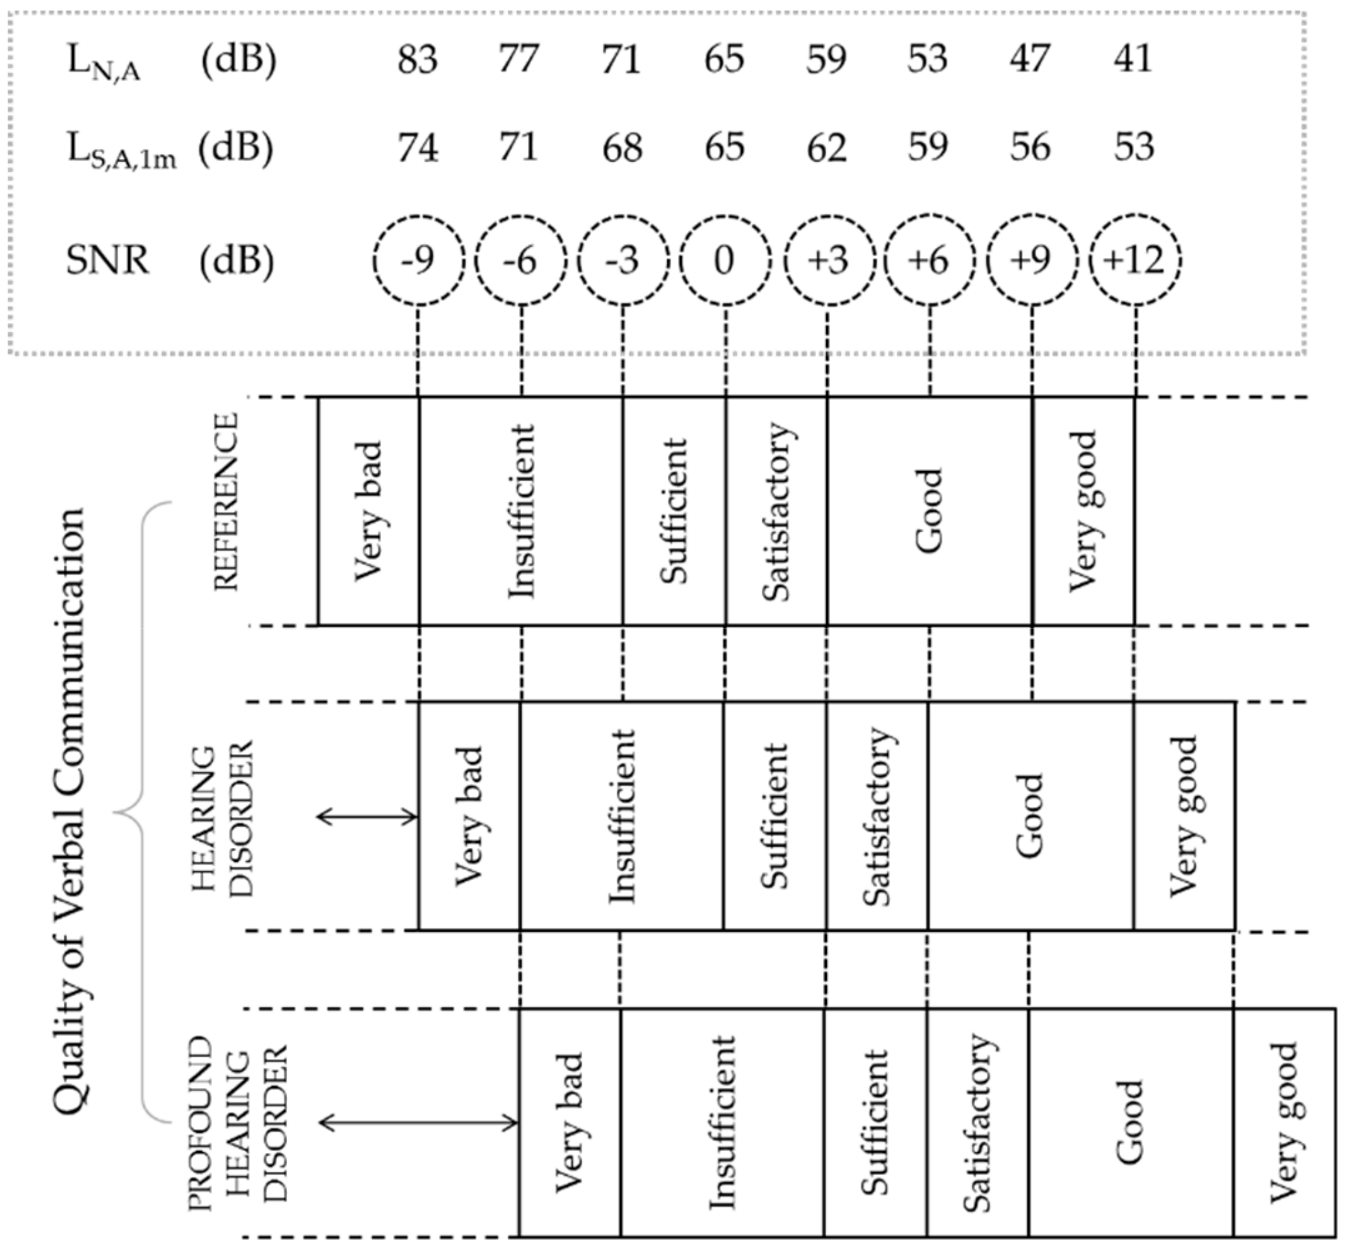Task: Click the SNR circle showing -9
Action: point(418,260)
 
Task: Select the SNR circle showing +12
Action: point(1135,260)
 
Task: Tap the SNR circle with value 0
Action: point(725,260)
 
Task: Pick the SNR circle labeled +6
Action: point(929,260)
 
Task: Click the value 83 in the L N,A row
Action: point(417,59)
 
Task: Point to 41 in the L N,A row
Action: point(1133,59)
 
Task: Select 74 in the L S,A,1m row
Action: point(417,148)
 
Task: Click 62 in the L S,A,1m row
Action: point(826,148)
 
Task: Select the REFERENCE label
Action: point(227,502)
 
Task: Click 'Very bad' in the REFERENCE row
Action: point(369,510)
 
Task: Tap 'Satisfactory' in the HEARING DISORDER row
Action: point(878,817)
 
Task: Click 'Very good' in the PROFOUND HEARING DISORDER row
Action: point(1284,1123)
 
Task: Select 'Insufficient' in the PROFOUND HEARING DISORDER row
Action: point(722,1123)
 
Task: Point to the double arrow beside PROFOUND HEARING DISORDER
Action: point(418,1124)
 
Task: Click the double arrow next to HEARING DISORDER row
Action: point(368,817)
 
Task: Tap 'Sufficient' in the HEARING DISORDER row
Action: point(775,817)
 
